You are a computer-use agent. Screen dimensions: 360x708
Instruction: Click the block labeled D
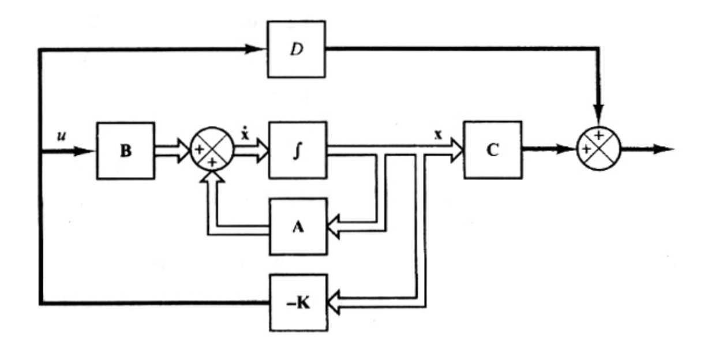(296, 49)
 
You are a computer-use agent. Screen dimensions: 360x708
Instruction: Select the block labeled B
(125, 151)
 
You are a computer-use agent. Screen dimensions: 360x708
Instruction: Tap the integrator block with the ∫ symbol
(297, 151)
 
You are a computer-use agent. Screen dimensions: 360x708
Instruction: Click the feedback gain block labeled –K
(297, 302)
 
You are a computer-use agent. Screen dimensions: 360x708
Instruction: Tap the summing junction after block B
(211, 151)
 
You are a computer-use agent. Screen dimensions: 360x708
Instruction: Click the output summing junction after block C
(598, 149)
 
